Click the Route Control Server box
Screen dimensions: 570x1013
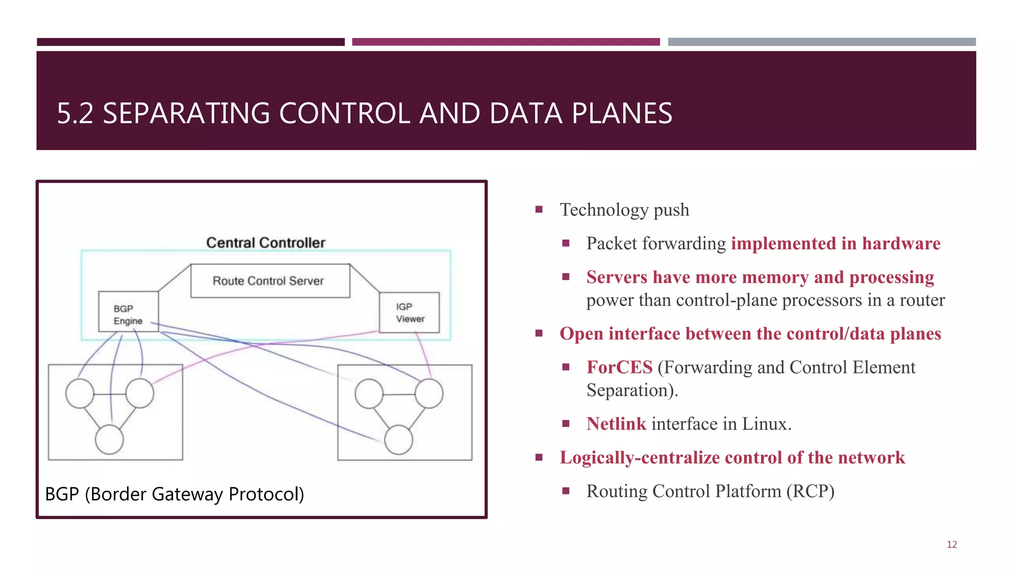270,281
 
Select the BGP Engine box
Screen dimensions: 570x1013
128,311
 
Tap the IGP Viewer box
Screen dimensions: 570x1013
409,312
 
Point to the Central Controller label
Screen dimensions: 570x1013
266,242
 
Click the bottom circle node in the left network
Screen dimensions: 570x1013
109,440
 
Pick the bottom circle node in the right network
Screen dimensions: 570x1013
398,440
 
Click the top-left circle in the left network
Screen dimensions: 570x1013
80,394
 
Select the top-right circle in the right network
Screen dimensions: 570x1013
429,394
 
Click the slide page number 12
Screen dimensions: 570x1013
952,544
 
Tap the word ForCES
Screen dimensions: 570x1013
619,367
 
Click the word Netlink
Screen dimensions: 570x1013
616,424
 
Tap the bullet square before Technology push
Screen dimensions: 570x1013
539,209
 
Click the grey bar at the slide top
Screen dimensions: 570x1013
822,42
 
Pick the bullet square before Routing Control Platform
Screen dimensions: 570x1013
566,491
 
